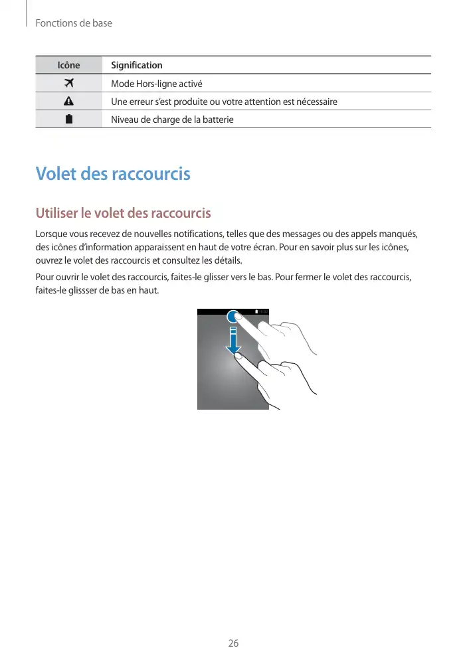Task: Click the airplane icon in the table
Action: click(x=70, y=84)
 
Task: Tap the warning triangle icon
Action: click(x=70, y=102)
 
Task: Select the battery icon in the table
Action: click(x=70, y=120)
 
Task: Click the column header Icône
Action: click(x=69, y=65)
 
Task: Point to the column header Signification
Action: click(x=136, y=65)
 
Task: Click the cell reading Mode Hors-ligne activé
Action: click(x=156, y=84)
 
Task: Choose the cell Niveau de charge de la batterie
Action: click(x=172, y=120)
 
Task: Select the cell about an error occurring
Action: click(x=224, y=102)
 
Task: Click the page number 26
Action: click(x=233, y=643)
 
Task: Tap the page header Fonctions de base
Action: click(x=74, y=23)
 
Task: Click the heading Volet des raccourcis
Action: click(x=113, y=174)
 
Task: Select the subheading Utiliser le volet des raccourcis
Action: click(x=123, y=213)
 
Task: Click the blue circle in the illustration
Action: click(x=234, y=317)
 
